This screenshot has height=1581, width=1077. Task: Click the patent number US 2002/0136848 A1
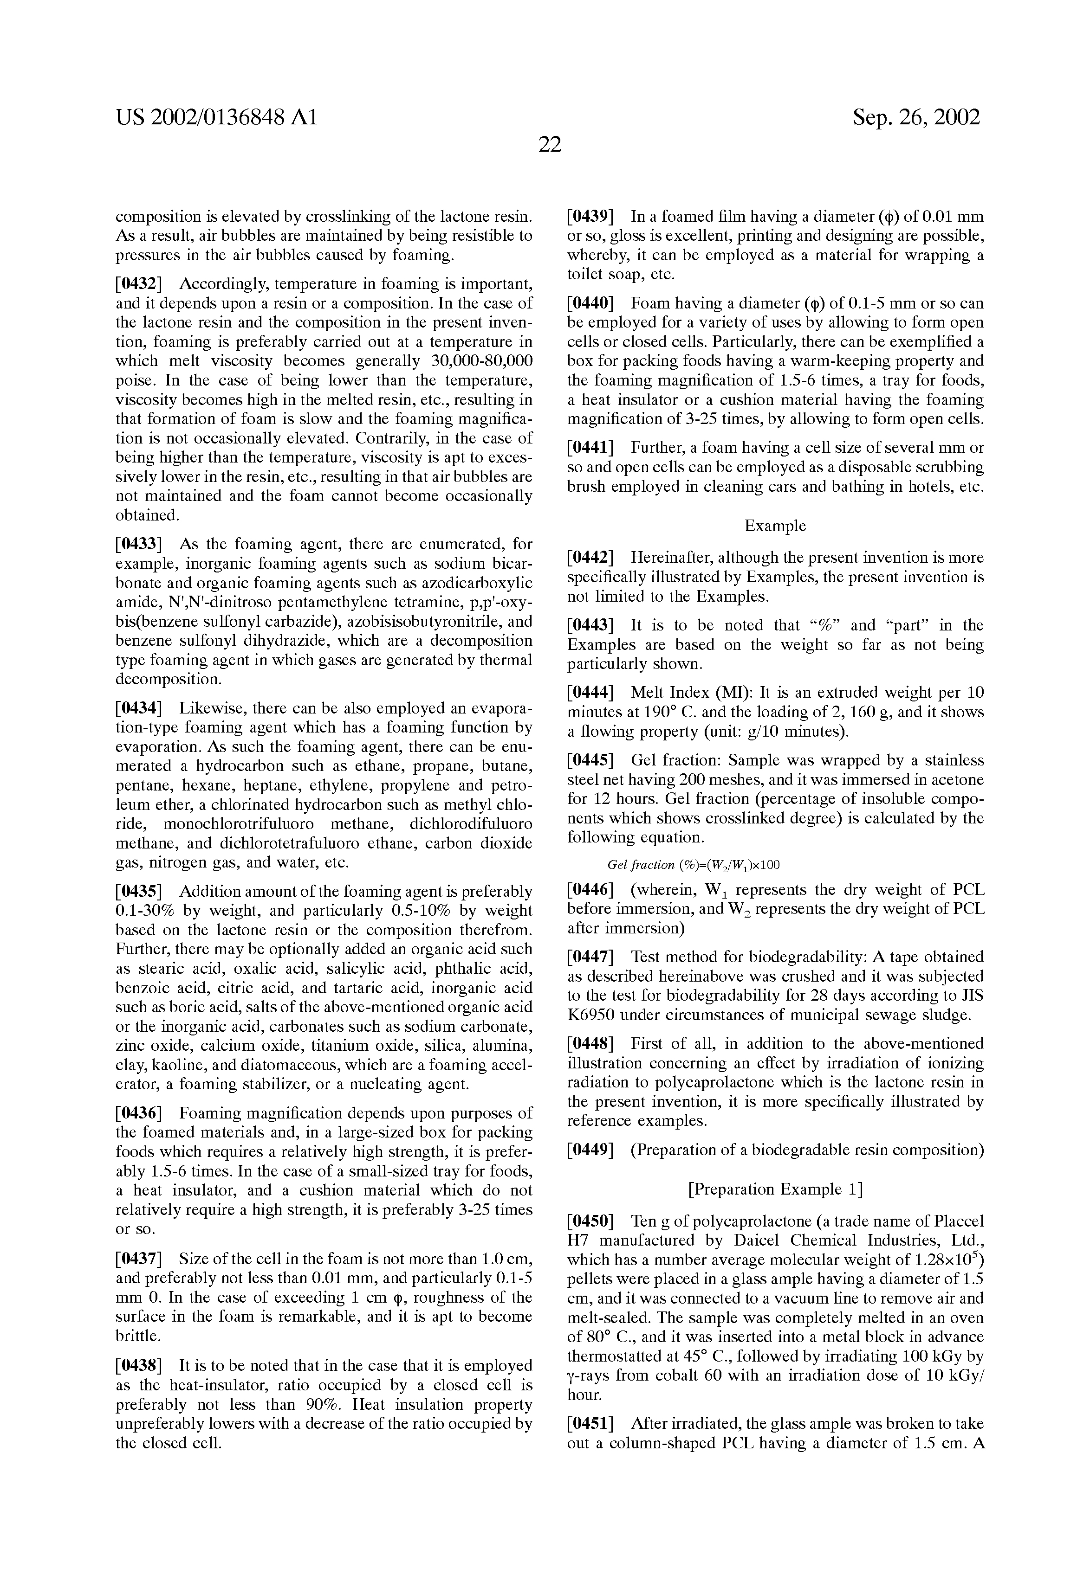click(216, 118)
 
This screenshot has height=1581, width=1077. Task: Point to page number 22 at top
click(549, 145)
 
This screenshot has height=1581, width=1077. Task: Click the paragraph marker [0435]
click(139, 892)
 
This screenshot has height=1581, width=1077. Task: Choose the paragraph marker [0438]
click(139, 1365)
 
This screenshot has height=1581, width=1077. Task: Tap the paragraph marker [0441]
click(590, 448)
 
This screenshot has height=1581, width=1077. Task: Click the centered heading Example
click(775, 526)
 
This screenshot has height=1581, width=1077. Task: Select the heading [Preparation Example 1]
click(775, 1189)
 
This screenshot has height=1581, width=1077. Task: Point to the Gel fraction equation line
click(693, 865)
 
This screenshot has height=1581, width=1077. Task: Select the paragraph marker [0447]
click(590, 957)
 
